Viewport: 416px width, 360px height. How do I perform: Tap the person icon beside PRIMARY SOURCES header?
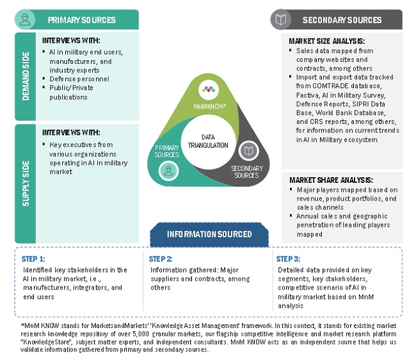coord(25,20)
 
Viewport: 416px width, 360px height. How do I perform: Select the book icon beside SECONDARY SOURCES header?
coord(280,20)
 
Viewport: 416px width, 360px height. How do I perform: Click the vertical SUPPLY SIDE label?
coord(25,182)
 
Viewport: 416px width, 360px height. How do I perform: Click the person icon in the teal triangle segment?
coord(167,170)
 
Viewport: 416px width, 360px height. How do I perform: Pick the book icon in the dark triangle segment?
coord(248,152)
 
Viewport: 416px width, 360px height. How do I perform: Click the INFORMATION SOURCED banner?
coord(209,233)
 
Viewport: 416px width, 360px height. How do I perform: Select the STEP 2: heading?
coord(161,259)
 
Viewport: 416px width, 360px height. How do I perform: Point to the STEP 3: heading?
coord(288,259)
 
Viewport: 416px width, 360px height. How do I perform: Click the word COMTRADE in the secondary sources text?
coord(332,86)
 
